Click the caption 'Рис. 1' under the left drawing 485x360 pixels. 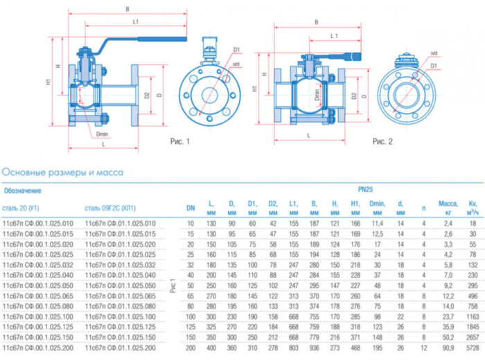pyautogui.click(x=179, y=141)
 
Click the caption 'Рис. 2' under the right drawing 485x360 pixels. pyautogui.click(x=382, y=141)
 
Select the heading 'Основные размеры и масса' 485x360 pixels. pyautogui.click(x=63, y=172)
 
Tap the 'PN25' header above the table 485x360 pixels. pyautogui.click(x=366, y=188)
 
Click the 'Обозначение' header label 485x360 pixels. pyautogui.click(x=23, y=190)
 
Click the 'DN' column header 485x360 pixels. pyautogui.click(x=191, y=208)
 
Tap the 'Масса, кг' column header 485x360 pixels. pyautogui.click(x=448, y=207)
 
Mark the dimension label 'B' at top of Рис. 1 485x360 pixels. pyautogui.click(x=127, y=10)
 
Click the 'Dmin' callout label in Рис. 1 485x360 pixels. pyautogui.click(x=103, y=134)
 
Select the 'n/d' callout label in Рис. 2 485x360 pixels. pyautogui.click(x=434, y=53)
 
